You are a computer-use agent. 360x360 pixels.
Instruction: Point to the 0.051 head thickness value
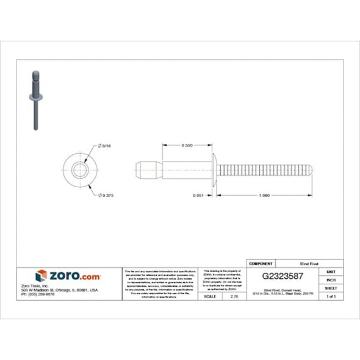click(x=197, y=196)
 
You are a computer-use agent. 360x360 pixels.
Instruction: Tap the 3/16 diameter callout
click(x=106, y=145)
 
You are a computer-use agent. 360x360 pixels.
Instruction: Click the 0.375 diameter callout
click(x=107, y=195)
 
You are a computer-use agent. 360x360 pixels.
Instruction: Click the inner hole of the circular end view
click(x=79, y=170)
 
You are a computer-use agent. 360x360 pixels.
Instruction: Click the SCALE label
click(x=209, y=296)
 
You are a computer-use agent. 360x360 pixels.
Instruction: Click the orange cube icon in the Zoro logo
click(x=41, y=275)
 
